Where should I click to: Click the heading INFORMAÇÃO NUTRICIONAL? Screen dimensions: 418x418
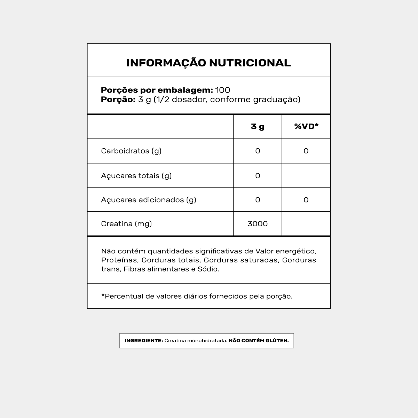pyautogui.click(x=208, y=63)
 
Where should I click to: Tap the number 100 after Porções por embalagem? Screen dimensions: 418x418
pyautogui.click(x=223, y=90)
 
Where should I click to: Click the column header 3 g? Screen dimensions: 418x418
pyautogui.click(x=258, y=126)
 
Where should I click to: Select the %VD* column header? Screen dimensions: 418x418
pyautogui.click(x=306, y=126)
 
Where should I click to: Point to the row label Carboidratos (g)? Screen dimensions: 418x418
pyautogui.click(x=131, y=151)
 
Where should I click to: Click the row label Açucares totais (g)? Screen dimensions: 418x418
pyautogui.click(x=136, y=176)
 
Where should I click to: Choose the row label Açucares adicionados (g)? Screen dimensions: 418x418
pyautogui.click(x=149, y=200)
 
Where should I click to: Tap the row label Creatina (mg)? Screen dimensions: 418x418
pyautogui.click(x=126, y=224)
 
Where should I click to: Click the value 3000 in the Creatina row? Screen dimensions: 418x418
pyautogui.click(x=258, y=224)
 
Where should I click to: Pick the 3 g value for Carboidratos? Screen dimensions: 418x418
pyautogui.click(x=258, y=151)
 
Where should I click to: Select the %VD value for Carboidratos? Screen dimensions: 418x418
pyautogui.click(x=306, y=151)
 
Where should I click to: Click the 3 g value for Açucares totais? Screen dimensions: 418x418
pyautogui.click(x=258, y=176)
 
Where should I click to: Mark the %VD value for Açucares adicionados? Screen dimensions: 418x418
pyautogui.click(x=306, y=200)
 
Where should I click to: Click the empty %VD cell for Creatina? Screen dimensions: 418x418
pyautogui.click(x=306, y=224)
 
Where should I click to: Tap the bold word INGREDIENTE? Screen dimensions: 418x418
pyautogui.click(x=144, y=341)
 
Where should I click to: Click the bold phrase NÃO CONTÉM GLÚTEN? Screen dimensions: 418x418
pyautogui.click(x=259, y=341)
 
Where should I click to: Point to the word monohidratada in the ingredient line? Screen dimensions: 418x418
pyautogui.click(x=207, y=341)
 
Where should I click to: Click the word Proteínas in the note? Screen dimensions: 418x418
pyautogui.click(x=120, y=260)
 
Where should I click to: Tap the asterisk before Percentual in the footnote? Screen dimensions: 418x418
pyautogui.click(x=103, y=296)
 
